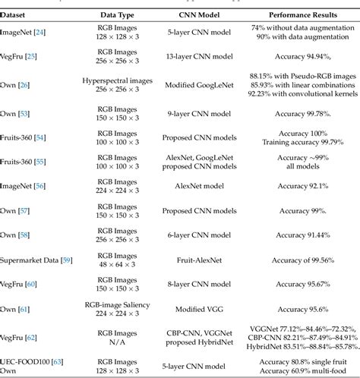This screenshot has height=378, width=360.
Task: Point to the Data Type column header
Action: [113, 14]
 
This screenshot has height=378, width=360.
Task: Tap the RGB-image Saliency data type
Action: [113, 304]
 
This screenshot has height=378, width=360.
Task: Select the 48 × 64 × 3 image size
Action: [113, 265]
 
